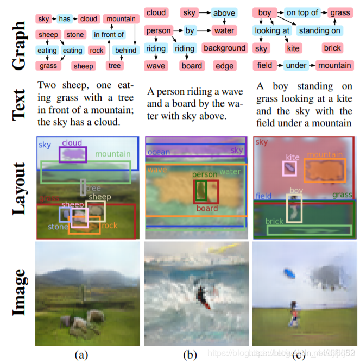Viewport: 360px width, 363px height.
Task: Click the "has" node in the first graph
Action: pyautogui.click(x=65, y=19)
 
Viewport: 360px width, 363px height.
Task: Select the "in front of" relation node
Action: pyautogui.click(x=109, y=35)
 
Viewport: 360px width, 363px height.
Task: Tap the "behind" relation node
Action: pyautogui.click(x=125, y=51)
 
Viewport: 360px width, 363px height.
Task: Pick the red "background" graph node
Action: pyautogui.click(x=224, y=48)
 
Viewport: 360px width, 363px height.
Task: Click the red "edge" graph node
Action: pyautogui.click(x=224, y=66)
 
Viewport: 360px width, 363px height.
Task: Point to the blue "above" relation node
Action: pyautogui.click(x=224, y=13)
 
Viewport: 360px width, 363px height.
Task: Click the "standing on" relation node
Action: pyautogui.click(x=319, y=30)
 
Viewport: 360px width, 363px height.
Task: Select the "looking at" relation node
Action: pyautogui.click(x=272, y=30)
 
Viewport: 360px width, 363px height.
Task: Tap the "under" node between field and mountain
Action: pyautogui.click(x=296, y=65)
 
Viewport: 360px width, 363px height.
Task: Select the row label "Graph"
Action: pyautogui.click(x=20, y=38)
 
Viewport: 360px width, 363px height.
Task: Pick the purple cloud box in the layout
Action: pyautogui.click(x=72, y=154)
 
